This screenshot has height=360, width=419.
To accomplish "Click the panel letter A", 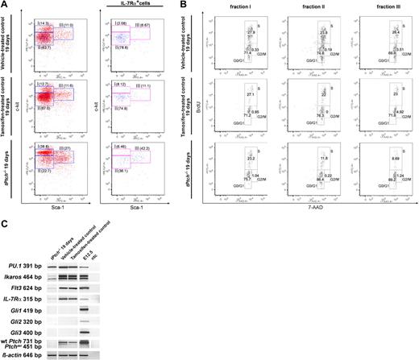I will pyautogui.click(x=4, y=5).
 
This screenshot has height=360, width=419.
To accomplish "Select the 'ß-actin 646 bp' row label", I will pyautogui.click(x=22, y=354).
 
